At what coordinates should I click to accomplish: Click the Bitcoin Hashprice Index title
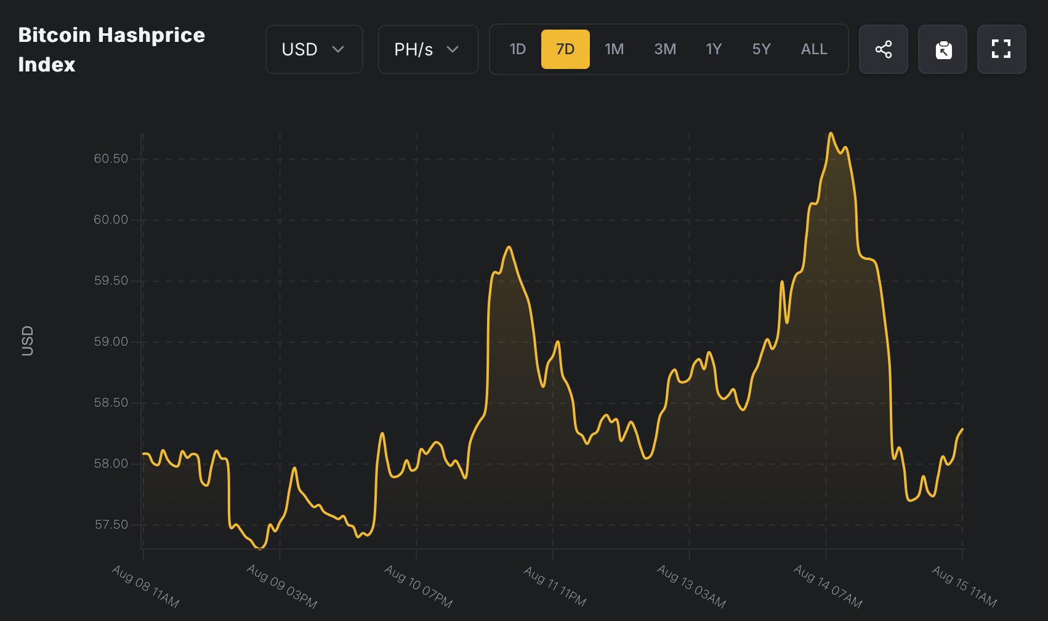coord(111,49)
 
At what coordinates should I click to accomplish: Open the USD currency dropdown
coord(314,49)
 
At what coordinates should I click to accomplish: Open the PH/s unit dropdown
coord(428,49)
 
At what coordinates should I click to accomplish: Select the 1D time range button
coord(517,49)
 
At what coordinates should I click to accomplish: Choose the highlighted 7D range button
coord(565,49)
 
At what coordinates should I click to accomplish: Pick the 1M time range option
coord(614,49)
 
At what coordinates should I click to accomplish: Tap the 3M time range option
coord(665,49)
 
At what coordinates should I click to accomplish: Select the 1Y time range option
coord(714,49)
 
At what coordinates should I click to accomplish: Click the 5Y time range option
coord(761,49)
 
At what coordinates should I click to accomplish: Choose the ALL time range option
coord(814,49)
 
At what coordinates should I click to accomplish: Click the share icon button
coord(884,49)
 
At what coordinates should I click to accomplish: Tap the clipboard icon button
coord(943,49)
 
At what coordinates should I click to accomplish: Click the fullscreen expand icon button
coord(1002,49)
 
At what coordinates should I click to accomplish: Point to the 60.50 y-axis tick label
coord(111,159)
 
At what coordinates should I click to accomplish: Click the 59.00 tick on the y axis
coord(111,342)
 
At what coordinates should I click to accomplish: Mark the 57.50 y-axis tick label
coord(111,525)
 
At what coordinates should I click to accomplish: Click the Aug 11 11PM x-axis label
coord(555,586)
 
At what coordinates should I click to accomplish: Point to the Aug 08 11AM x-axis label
coord(145,586)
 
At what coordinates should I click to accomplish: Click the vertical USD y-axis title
coord(28,341)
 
